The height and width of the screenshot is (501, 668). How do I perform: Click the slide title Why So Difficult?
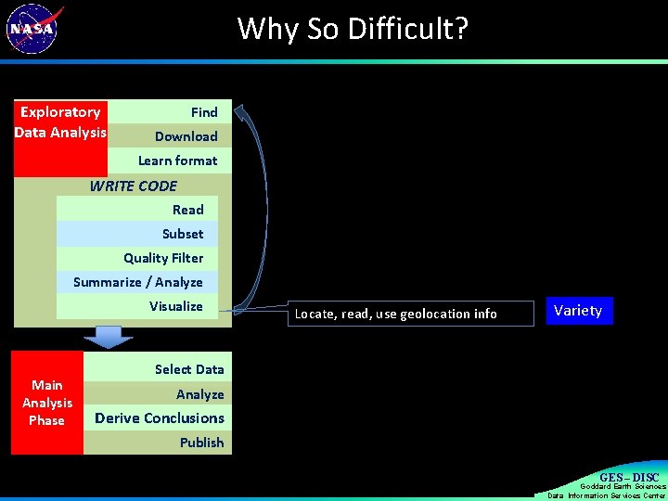353,29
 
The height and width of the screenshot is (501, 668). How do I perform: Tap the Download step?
186,136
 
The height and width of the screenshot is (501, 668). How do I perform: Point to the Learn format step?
177,161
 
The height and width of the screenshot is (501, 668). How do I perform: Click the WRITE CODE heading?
133,186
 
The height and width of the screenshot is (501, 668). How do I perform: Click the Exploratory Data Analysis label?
61,122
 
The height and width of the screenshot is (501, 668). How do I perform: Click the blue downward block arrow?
109,337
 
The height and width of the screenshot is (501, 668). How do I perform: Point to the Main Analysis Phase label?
47,403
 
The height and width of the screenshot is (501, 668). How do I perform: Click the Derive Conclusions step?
159,418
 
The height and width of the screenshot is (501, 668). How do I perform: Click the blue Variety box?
578,311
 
